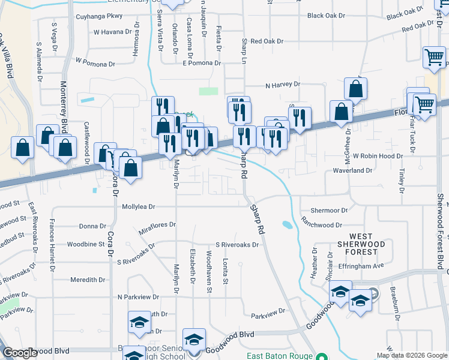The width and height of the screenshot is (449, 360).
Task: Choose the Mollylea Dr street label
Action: (x=139, y=206)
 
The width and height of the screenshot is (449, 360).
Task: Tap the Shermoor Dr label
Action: (x=329, y=211)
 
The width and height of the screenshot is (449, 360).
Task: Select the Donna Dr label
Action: (x=92, y=226)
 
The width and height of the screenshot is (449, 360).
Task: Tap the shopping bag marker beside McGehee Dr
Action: (x=341, y=112)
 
